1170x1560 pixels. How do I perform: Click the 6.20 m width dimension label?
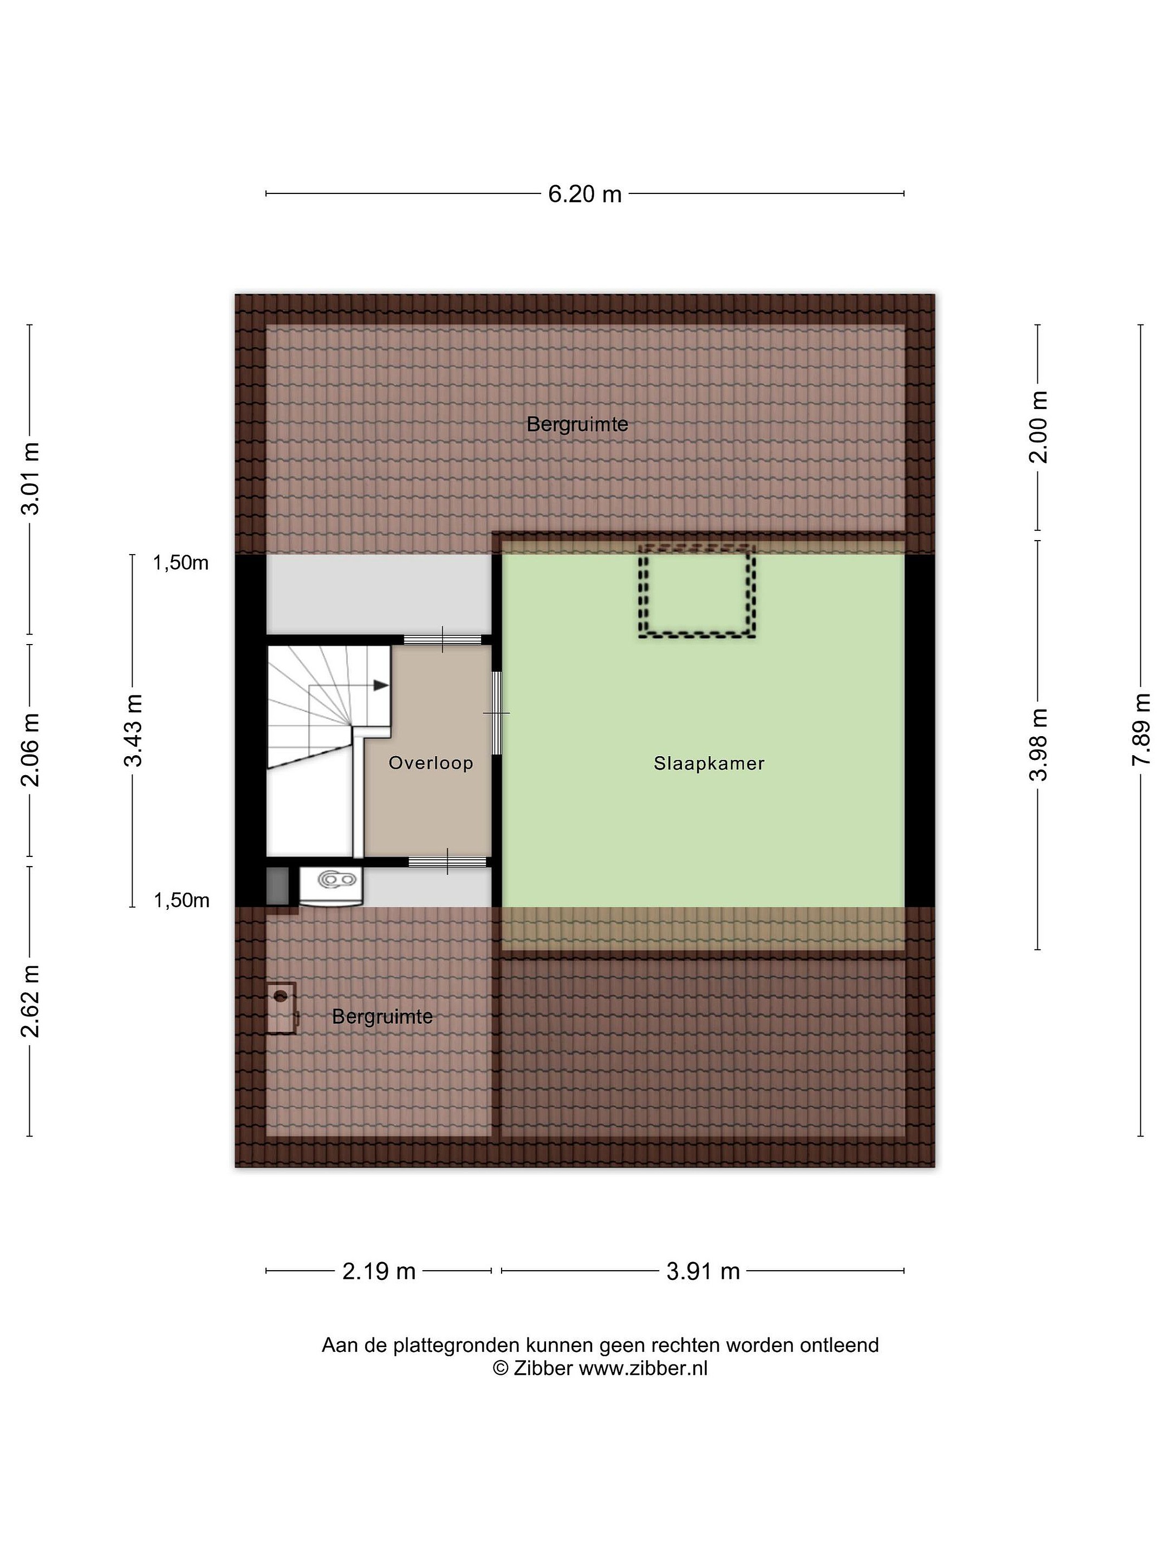[584, 193]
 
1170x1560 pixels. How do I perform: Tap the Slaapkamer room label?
[708, 763]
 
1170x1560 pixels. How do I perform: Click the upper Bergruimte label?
[577, 425]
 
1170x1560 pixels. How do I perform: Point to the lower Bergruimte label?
[382, 1016]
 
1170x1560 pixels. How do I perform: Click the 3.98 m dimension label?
[1038, 745]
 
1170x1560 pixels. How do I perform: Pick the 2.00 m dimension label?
[1038, 427]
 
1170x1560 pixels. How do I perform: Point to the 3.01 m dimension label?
[30, 479]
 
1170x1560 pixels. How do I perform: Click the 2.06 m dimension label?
[30, 750]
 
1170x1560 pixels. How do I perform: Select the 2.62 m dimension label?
[30, 1001]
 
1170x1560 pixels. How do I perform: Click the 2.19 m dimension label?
[379, 1271]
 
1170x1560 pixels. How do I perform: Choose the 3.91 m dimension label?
[703, 1271]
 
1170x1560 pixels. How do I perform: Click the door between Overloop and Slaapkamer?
[497, 713]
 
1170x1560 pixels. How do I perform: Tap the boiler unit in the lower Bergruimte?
[281, 1009]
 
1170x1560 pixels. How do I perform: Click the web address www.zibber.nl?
[642, 1368]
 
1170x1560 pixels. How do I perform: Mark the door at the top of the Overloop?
[442, 640]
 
